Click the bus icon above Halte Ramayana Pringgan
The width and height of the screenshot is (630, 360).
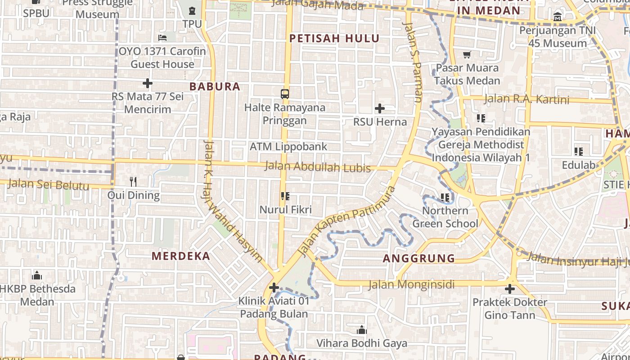coord(284,94)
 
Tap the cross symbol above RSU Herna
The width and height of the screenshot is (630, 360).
coord(380,108)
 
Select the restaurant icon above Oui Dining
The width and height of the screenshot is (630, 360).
coord(133,182)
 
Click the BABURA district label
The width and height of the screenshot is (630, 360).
coord(215,86)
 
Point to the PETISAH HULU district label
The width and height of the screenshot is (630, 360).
coord(334,39)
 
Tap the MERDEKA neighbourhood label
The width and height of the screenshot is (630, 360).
coord(181,256)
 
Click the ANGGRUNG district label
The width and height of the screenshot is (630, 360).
coord(419,258)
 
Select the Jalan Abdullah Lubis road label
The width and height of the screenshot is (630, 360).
coord(317,167)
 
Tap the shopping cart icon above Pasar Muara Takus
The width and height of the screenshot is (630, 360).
coord(467,55)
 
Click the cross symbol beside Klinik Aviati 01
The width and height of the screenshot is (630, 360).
coord(274,287)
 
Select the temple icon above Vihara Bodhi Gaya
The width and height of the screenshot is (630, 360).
coord(361,330)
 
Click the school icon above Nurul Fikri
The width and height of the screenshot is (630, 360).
coord(285,196)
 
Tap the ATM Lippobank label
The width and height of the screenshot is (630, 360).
coord(288,147)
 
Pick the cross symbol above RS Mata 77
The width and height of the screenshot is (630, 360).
coord(147,83)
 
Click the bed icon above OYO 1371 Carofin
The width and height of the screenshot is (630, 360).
coord(162,38)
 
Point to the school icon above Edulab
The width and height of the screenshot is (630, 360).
coord(578,152)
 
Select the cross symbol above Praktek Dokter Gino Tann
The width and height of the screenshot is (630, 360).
coord(509,288)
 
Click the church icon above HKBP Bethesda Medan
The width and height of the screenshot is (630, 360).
coord(37,275)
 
